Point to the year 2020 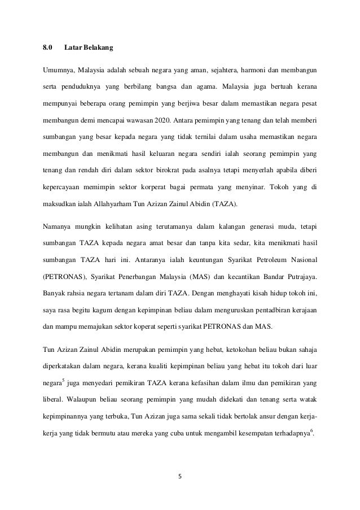point(163,121)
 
